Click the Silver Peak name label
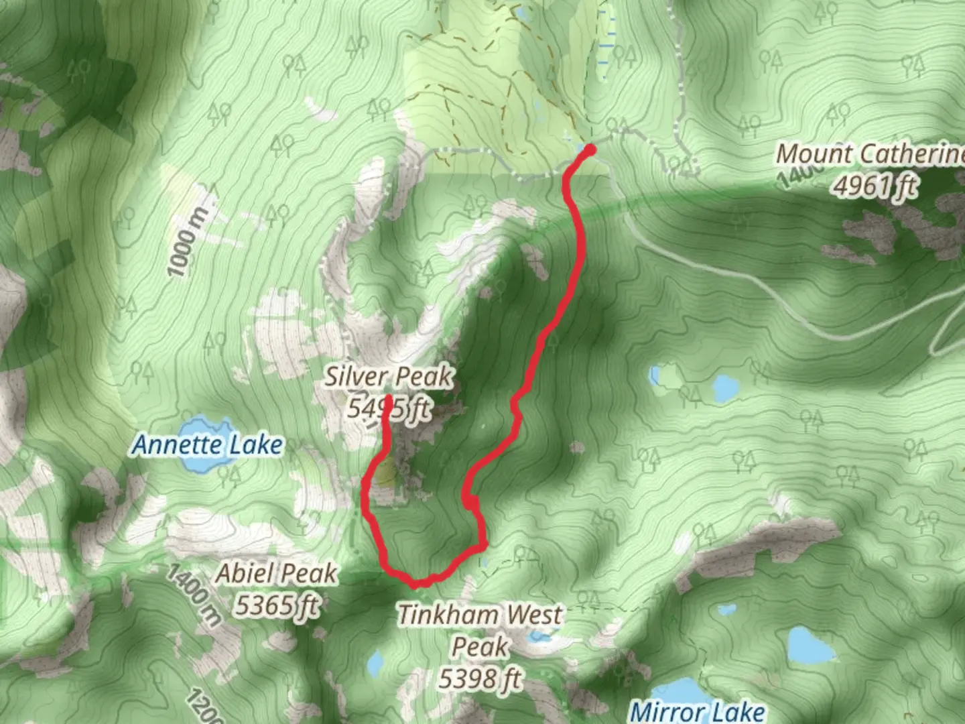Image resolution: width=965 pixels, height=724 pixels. coord(389,377)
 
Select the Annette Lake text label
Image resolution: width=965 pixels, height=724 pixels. coord(208,445)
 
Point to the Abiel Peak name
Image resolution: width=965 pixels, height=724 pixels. coord(276,574)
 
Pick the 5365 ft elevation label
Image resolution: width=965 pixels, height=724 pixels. coord(276,605)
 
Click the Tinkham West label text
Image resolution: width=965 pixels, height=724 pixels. coord(480,615)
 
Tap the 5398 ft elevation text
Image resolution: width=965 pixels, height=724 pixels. coord(480,679)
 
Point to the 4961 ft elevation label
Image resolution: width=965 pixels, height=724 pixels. coord(875,186)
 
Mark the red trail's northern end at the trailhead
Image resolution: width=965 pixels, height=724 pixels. coord(590,148)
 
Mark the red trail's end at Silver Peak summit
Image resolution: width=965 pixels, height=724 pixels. coord(388,400)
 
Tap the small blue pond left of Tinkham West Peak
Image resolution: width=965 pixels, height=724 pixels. coord(375,664)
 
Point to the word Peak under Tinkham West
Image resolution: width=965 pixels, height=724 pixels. coord(480,647)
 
